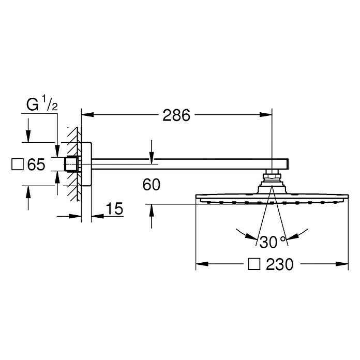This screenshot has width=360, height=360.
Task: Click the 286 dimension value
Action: coord(176,115)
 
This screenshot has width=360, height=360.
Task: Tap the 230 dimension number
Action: coord(279,264)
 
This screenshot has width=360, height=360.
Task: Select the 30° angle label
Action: coord(273,242)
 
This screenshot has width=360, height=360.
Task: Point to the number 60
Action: coord(152,185)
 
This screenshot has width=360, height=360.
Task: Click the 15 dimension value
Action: coord(114,208)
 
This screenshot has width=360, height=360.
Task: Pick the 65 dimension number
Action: coord(36,164)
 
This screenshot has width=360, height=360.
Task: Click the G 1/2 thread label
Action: coord(42,104)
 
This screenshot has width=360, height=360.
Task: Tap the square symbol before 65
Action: coord(18,164)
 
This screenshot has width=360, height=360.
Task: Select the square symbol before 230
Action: coord(254,264)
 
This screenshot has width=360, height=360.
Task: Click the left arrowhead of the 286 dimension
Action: coord(87,114)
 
